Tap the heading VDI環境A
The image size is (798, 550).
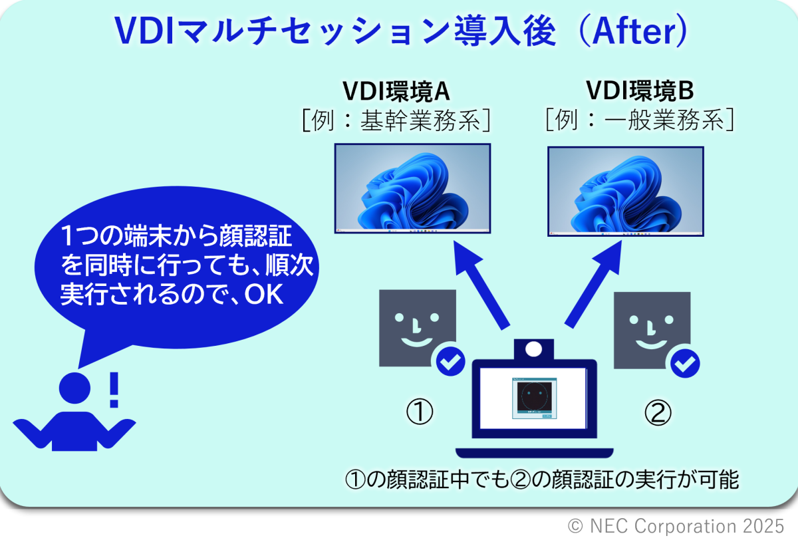tap(396, 91)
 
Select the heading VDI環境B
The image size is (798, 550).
tap(640, 90)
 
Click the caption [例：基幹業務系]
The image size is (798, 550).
tap(396, 120)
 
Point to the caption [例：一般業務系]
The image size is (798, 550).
tap(640, 119)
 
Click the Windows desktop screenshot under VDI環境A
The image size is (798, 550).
tap(412, 188)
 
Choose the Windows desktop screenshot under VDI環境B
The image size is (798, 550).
tap(626, 192)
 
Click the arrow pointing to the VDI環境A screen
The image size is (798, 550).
tap(481, 285)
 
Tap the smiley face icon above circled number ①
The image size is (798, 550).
tap(418, 328)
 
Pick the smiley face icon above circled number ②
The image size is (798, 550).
tap(652, 331)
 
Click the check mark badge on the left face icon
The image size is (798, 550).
tap(451, 362)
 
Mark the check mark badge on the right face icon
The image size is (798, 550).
tap(685, 363)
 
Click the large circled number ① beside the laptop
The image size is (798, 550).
tap(420, 412)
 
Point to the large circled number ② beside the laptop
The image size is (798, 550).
tap(658, 412)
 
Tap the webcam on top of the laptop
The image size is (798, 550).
tap(533, 349)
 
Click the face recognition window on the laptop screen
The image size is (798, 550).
tap(535, 398)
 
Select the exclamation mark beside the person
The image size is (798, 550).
tap(114, 390)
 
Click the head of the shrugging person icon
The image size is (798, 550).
tap(74, 388)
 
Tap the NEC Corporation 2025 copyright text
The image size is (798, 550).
tap(676, 526)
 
